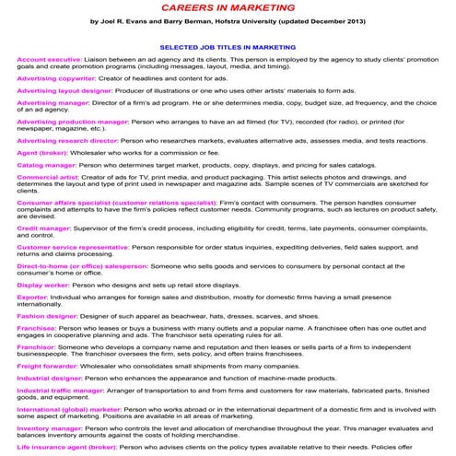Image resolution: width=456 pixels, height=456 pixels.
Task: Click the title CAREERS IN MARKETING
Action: click(228, 6)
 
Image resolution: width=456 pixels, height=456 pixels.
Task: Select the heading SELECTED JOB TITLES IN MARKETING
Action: click(228, 44)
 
